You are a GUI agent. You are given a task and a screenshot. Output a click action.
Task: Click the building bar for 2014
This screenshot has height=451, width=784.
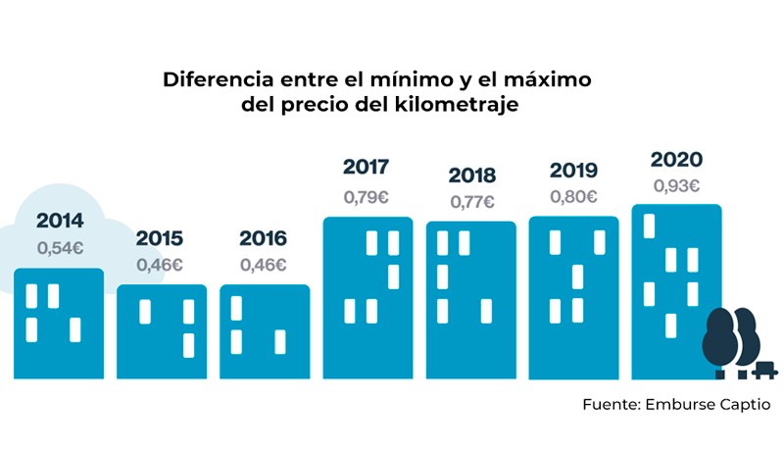coord(59,324)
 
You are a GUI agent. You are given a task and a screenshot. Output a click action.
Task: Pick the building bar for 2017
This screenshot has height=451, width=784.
coord(367,298)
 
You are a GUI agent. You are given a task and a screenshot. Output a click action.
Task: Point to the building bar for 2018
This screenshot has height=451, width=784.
coord(470,300)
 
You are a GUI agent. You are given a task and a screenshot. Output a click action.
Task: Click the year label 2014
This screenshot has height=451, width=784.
coord(60,221)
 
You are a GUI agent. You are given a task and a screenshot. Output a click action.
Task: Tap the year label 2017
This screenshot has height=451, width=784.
coord(367,167)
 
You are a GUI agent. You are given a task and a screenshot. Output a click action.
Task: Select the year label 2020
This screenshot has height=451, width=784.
coord(676,160)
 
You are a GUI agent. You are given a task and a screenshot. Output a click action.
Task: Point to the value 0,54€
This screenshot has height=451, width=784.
coord(60,248)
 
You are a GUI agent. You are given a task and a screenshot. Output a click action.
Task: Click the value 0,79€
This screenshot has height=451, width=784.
coord(367,196)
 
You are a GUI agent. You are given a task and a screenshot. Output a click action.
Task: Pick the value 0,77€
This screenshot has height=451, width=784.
coord(472,203)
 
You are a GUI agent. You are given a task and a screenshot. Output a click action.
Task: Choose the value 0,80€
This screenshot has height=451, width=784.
coord(574,196)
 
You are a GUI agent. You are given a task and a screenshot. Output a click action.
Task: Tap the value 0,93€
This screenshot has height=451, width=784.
coord(676,185)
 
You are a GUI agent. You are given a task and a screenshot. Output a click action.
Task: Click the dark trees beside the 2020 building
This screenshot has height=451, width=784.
coord(730,338)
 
